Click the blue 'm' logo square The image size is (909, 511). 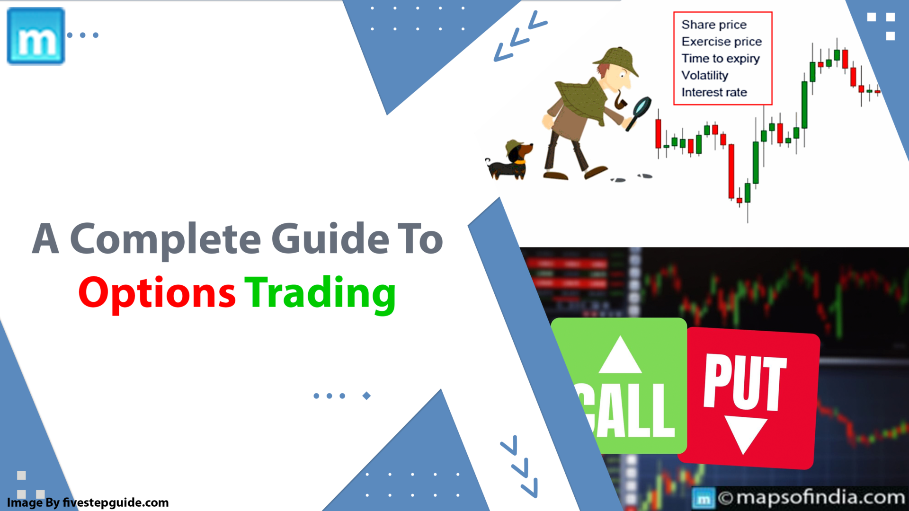click(36, 36)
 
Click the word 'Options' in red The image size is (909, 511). click(157, 293)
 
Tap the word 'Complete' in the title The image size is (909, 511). click(165, 239)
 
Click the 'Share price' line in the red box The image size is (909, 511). click(714, 25)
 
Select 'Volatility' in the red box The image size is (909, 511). click(704, 75)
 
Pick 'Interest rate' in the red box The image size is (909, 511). click(714, 92)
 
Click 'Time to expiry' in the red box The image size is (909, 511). click(720, 59)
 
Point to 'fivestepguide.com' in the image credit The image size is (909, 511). click(116, 502)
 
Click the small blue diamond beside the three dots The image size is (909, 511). click(366, 396)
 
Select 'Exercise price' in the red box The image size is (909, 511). click(722, 42)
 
